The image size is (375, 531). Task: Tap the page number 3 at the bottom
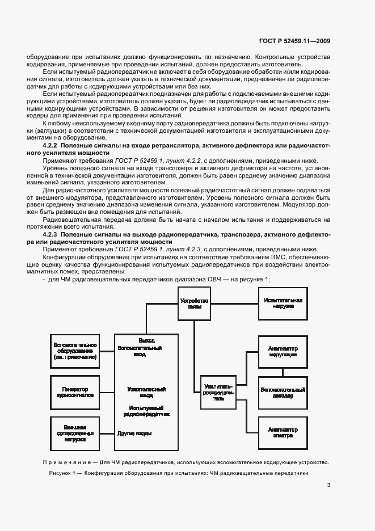tap(328, 484)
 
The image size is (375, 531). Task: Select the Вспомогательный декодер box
tap(282, 393)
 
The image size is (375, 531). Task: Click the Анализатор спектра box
tap(282, 434)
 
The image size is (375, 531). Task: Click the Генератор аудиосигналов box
tap(74, 391)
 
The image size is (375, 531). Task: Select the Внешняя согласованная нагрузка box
tap(74, 433)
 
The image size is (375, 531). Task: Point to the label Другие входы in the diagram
tap(134, 433)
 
